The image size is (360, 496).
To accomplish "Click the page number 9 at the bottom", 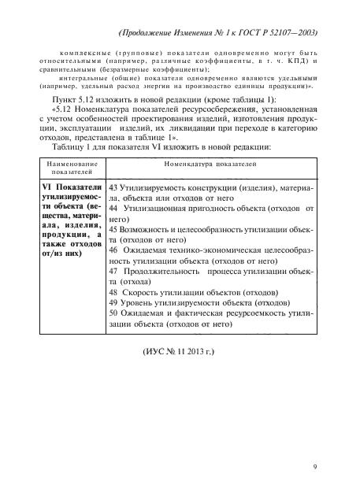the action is (314, 467).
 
